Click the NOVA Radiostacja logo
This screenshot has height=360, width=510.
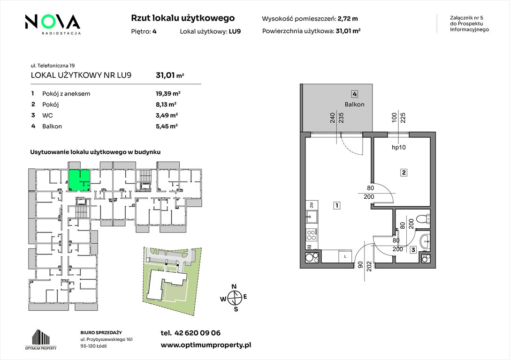53,24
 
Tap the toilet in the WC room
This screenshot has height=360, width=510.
425,219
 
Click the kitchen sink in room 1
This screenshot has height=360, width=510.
312,217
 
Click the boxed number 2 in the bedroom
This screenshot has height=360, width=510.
403,172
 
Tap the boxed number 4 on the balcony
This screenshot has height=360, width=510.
355,94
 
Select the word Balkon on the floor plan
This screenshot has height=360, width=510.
355,104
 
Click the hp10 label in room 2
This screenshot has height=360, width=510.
399,148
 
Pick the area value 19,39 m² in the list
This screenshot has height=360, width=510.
168,94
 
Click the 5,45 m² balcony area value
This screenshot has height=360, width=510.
167,127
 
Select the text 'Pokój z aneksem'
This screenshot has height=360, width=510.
66,94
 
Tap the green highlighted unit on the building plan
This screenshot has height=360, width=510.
78,180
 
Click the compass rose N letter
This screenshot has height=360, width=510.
234,286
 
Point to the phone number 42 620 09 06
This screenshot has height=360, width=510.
198,333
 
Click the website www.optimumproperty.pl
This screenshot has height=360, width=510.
206,345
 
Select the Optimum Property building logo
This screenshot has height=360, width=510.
41,339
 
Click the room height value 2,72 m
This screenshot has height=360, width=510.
348,19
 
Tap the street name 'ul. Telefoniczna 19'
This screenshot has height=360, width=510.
53,66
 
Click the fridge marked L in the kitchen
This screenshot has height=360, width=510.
345,256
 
